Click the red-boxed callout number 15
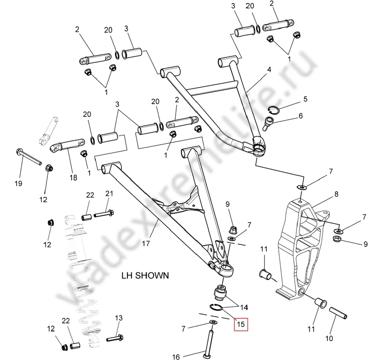(240, 325)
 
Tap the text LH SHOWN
(145, 276)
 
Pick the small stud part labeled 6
(269, 122)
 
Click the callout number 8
(336, 194)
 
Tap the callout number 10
(329, 339)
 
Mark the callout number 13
(119, 318)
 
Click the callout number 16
(176, 356)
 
